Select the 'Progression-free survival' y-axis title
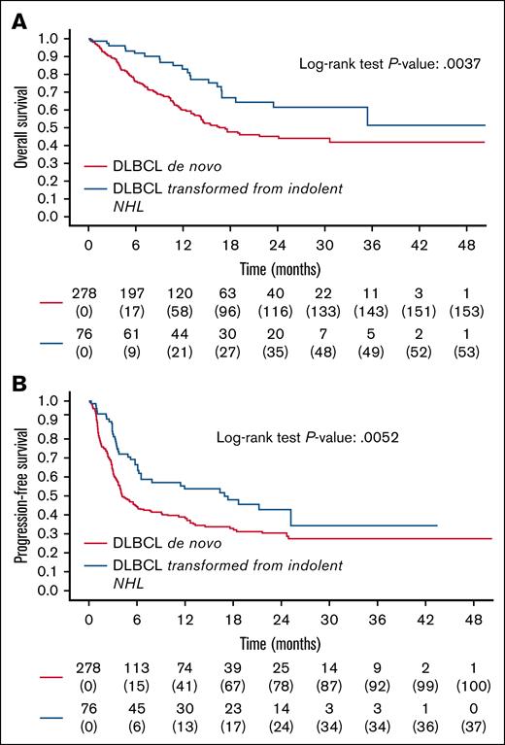click(x=19, y=494)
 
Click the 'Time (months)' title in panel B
click(x=287, y=644)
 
